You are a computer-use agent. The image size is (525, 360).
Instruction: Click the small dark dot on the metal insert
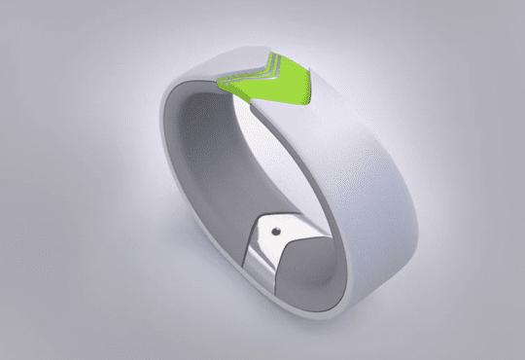[x=277, y=230]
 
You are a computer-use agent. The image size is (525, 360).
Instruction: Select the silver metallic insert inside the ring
[x=272, y=248]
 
